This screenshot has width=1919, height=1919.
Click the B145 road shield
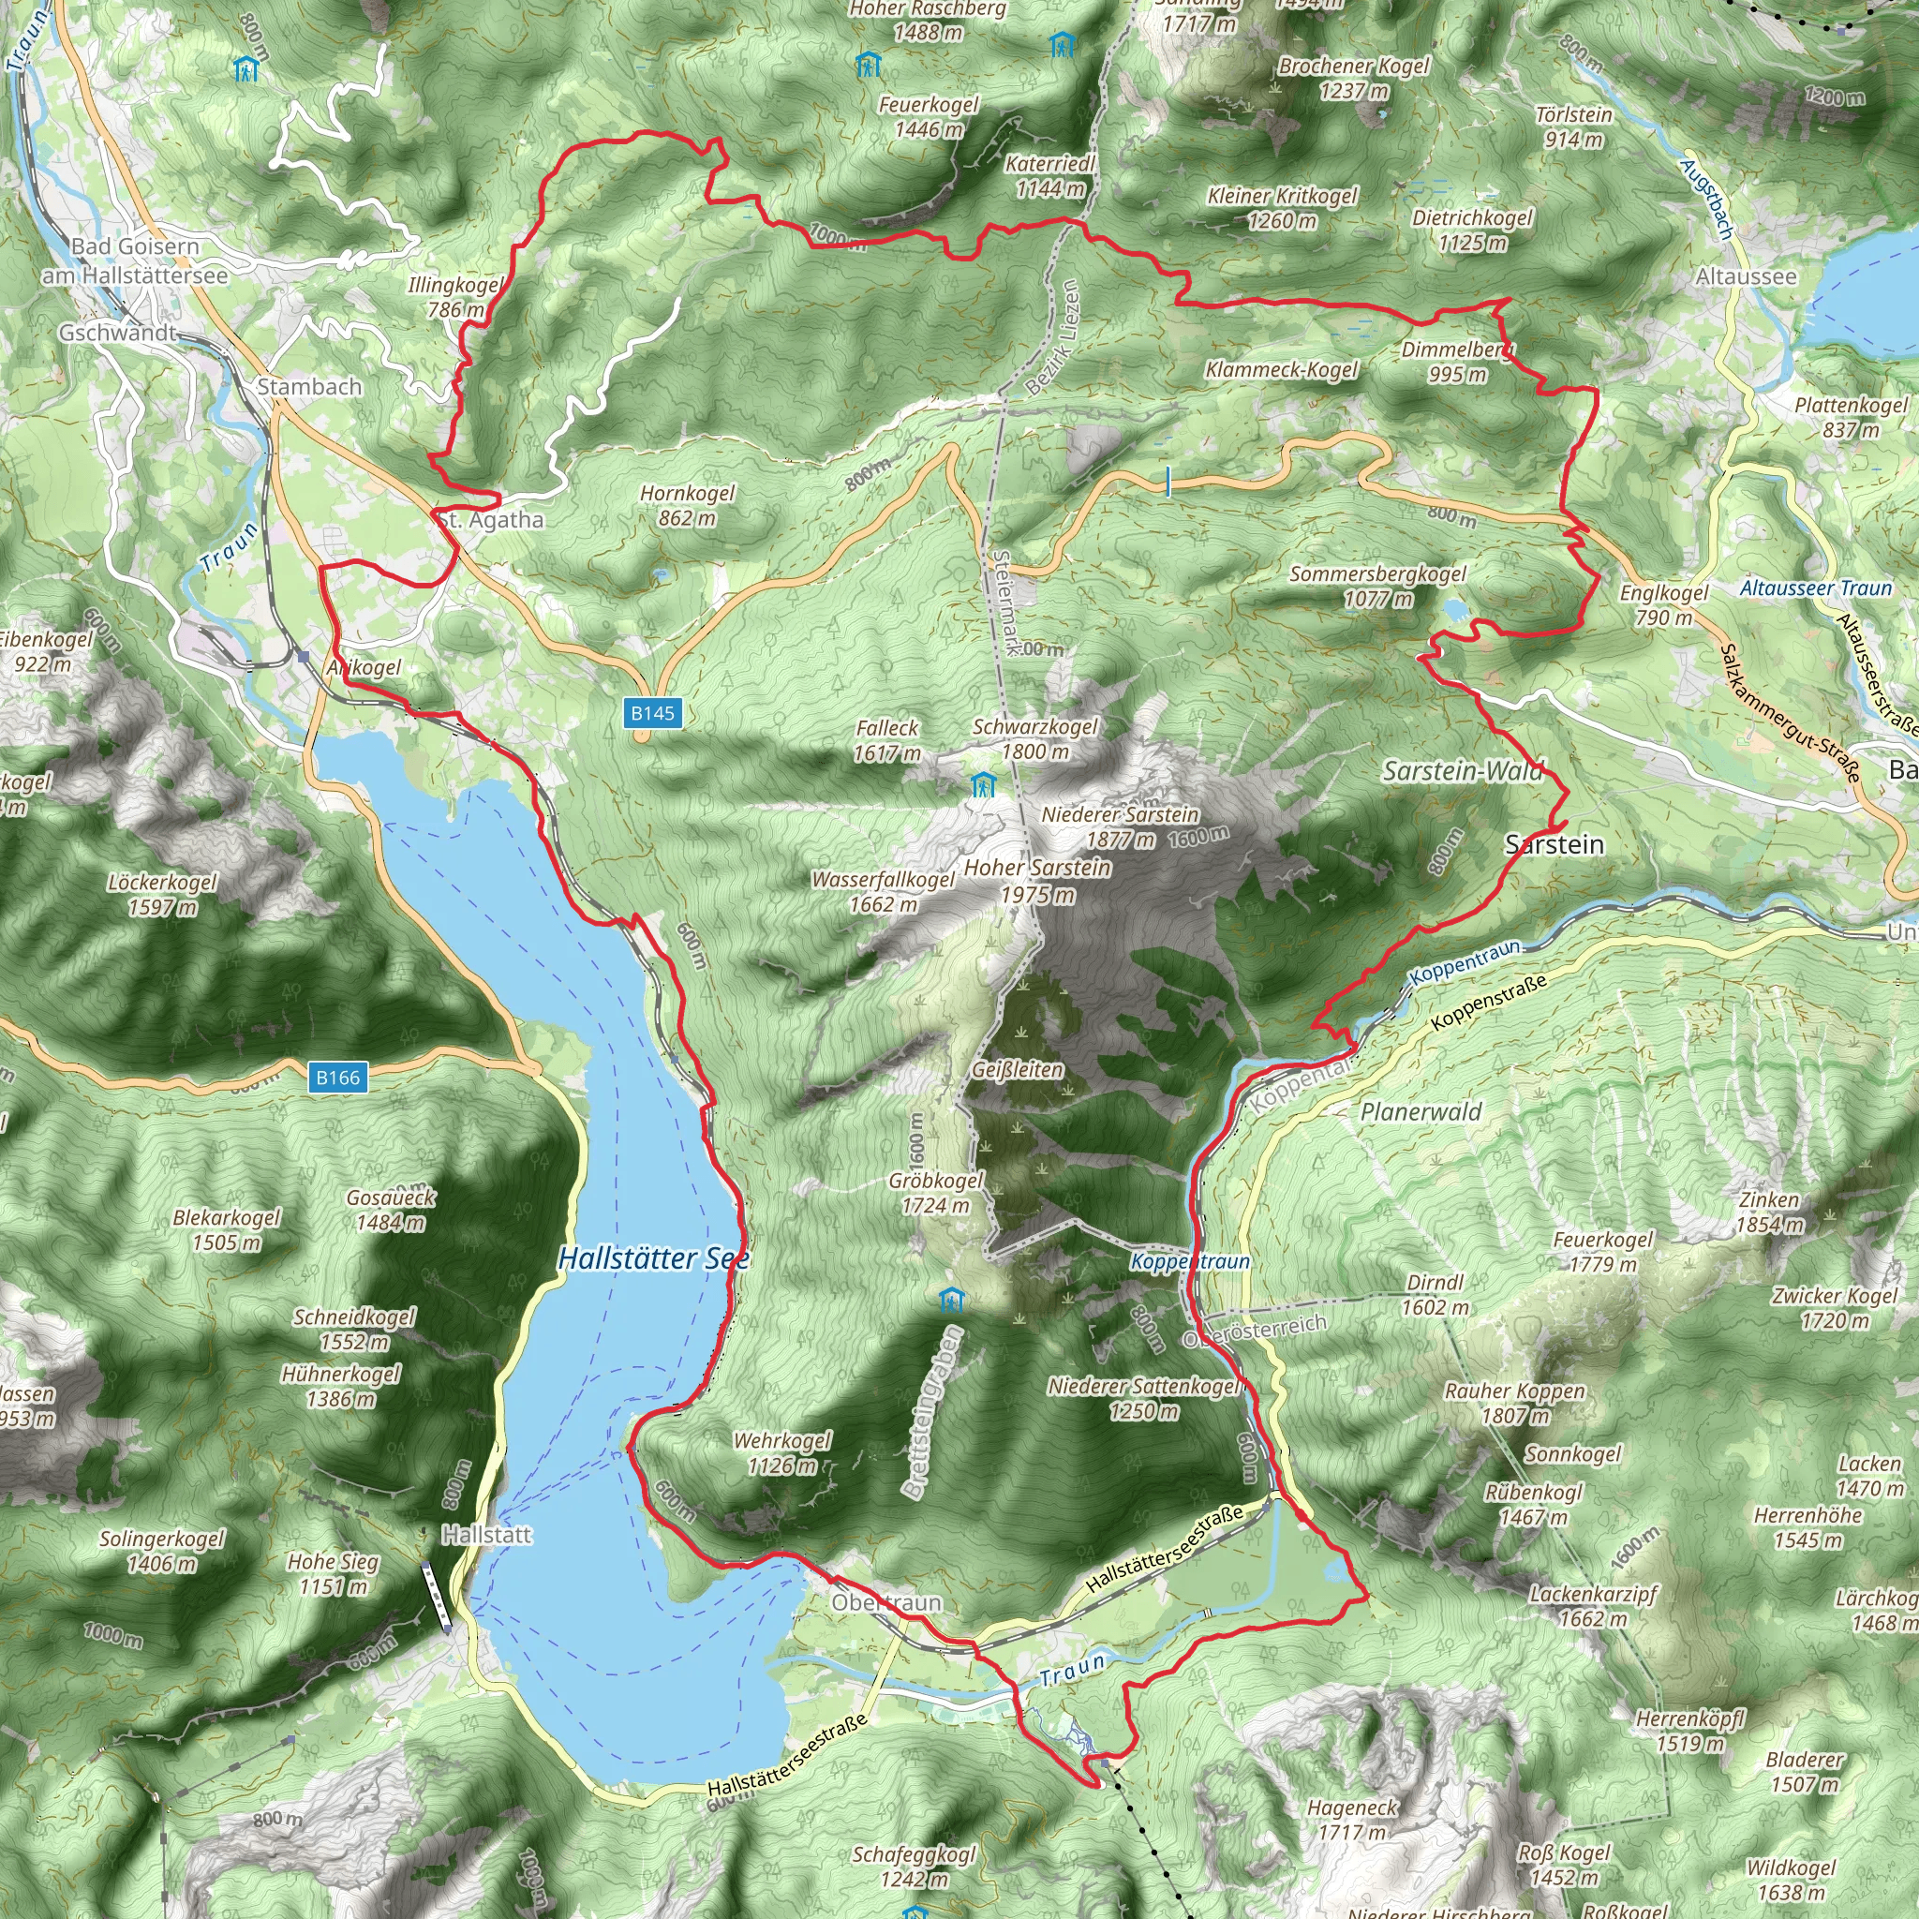click(652, 713)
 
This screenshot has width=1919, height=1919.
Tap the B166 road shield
click(337, 1078)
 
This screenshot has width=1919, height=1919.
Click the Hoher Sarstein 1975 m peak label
click(1037, 880)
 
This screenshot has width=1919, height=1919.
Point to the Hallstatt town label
click(486, 1535)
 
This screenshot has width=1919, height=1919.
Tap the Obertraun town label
click(886, 1602)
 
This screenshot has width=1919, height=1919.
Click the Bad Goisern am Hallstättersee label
click(135, 260)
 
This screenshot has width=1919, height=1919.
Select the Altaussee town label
click(1747, 276)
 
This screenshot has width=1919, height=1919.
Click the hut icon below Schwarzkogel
click(982, 784)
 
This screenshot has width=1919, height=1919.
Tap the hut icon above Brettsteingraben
click(950, 1300)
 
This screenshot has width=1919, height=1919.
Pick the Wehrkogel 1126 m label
click(781, 1452)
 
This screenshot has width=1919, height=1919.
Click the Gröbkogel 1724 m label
click(936, 1192)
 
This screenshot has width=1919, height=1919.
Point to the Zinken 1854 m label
click(1769, 1212)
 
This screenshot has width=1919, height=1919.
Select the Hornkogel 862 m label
click(688, 505)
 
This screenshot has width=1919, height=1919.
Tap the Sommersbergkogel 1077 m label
click(1377, 586)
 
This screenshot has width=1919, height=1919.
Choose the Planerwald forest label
click(1421, 1111)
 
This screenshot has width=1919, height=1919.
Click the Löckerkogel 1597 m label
click(163, 894)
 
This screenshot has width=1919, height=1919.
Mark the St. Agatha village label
click(491, 519)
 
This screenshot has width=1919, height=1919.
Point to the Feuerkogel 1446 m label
click(929, 116)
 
